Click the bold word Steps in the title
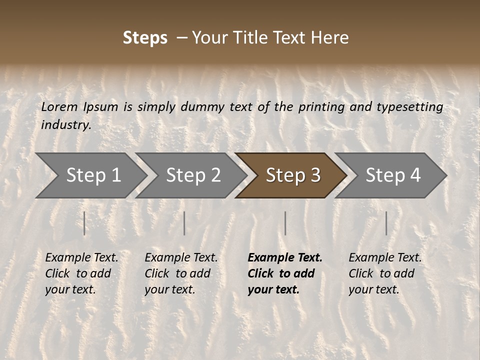pos(145,38)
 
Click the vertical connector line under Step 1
pos(84,223)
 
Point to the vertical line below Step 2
pos(184,223)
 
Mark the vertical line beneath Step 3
pos(285,223)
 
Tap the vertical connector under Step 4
pos(386,223)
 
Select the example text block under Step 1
pos(81,273)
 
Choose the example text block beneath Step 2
pos(180,273)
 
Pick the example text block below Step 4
pos(384,273)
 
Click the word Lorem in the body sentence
pos(59,106)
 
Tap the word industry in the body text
pos(66,125)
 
